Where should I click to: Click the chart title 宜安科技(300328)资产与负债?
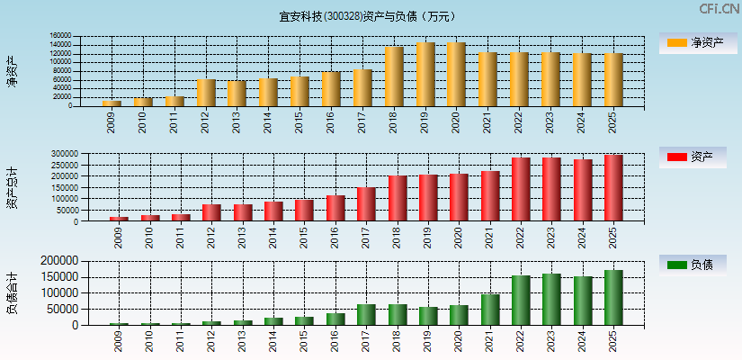(x=367, y=16)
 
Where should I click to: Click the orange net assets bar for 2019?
(x=425, y=75)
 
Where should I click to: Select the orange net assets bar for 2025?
(x=614, y=80)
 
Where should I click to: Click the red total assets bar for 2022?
(x=521, y=190)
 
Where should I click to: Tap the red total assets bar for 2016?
(x=335, y=208)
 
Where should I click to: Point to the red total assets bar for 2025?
(x=613, y=188)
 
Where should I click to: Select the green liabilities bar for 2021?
(x=490, y=310)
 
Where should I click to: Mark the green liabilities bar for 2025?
(x=613, y=298)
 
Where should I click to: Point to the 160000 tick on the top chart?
(x=59, y=37)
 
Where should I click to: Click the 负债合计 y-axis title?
(x=12, y=292)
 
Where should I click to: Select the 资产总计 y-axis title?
(x=12, y=188)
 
